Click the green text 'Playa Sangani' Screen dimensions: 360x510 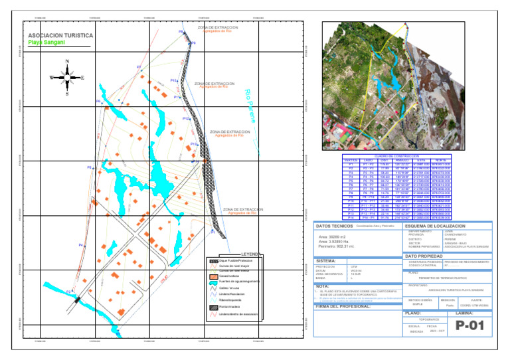46,43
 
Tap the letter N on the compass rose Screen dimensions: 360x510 67,62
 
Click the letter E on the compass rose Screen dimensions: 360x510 82,78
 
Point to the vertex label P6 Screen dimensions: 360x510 98,101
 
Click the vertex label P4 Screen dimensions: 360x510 80,245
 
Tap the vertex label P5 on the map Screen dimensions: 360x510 89,167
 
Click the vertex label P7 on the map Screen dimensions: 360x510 138,67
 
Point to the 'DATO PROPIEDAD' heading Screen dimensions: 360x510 424,256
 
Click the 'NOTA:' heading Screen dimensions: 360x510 322,286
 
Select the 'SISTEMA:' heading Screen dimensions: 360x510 326,261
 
